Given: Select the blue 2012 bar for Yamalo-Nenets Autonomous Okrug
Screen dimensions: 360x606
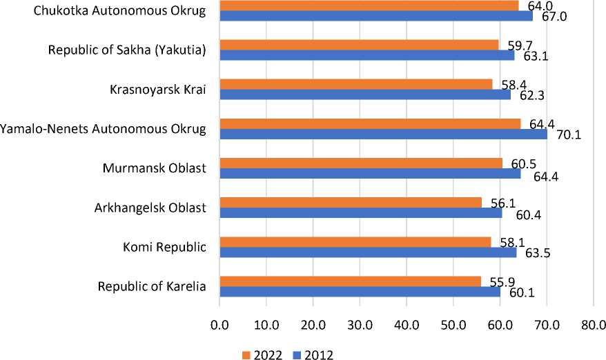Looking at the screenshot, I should tap(383, 134).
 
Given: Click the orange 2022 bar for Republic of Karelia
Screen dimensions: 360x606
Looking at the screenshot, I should tap(350, 281).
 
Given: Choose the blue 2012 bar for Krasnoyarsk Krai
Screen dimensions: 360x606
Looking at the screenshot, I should tap(364, 94).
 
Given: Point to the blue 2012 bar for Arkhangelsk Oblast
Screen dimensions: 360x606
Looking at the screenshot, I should tap(360, 212).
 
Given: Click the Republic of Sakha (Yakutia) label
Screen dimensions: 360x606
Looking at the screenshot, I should tap(127, 50).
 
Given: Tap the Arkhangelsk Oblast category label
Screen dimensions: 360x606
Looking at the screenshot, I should tap(150, 207).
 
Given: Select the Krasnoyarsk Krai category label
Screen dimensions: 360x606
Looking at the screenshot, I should tap(158, 89).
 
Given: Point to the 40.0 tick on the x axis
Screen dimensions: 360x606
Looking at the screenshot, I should tap(407, 324).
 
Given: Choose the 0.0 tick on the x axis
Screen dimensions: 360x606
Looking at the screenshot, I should tap(219, 324).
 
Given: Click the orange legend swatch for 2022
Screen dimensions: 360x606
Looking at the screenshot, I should tap(246, 354).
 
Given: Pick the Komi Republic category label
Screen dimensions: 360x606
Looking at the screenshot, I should tap(162, 246).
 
